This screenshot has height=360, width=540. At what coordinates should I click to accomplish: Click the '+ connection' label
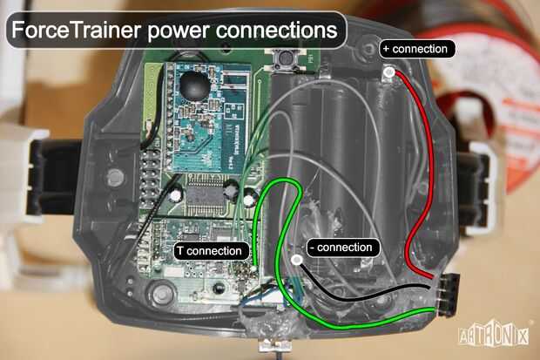pos(417,49)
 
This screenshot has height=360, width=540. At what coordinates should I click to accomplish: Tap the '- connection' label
pos(343,248)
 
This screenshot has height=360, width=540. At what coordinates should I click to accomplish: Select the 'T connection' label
pos(213,251)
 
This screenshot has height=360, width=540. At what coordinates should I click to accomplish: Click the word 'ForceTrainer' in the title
pos(76,30)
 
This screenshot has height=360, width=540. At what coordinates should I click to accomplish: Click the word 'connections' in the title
pos(276,30)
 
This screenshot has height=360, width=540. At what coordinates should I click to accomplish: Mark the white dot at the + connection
pos(389,72)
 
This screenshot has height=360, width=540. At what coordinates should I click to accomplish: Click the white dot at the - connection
pos(297,260)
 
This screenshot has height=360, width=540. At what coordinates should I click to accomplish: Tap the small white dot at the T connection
pos(254,268)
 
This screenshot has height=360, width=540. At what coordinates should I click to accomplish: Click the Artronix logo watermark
pos(494,335)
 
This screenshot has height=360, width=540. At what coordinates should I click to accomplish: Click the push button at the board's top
pos(285,58)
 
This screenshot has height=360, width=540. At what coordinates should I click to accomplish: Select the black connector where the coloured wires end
pos(448,294)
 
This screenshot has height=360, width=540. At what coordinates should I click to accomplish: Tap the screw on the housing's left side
pos(115,177)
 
